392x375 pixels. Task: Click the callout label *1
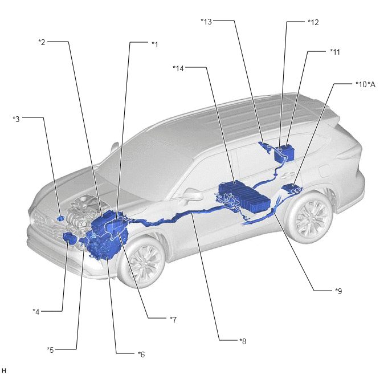tap(155, 44)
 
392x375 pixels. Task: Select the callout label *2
tap(42, 42)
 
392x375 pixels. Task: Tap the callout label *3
tap(16, 119)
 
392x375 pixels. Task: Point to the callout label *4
tap(36, 312)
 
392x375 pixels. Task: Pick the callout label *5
tap(50, 350)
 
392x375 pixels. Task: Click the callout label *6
tap(141, 354)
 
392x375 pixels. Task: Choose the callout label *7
tap(173, 319)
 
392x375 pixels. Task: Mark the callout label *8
tap(243, 341)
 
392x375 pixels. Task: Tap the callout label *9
tap(338, 291)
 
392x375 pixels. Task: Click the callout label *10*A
tap(365, 84)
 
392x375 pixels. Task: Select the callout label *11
tap(335, 52)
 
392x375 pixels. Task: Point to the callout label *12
tap(313, 22)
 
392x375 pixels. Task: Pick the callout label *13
tap(206, 22)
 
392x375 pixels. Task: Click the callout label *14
tap(178, 68)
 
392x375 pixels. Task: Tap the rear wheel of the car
tap(310, 217)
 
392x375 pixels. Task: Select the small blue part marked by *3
tap(60, 218)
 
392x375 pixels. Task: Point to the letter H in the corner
tap(4, 370)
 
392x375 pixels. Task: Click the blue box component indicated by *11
tap(284, 153)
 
